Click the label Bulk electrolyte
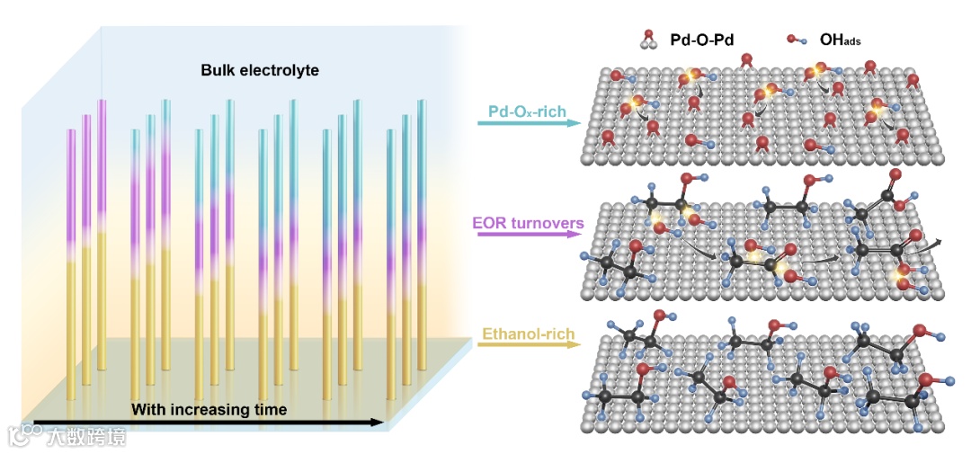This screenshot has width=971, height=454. coord(260,69)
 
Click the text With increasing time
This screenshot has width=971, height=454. coord(209,410)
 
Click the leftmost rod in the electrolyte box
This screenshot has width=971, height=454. coord(71,261)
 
